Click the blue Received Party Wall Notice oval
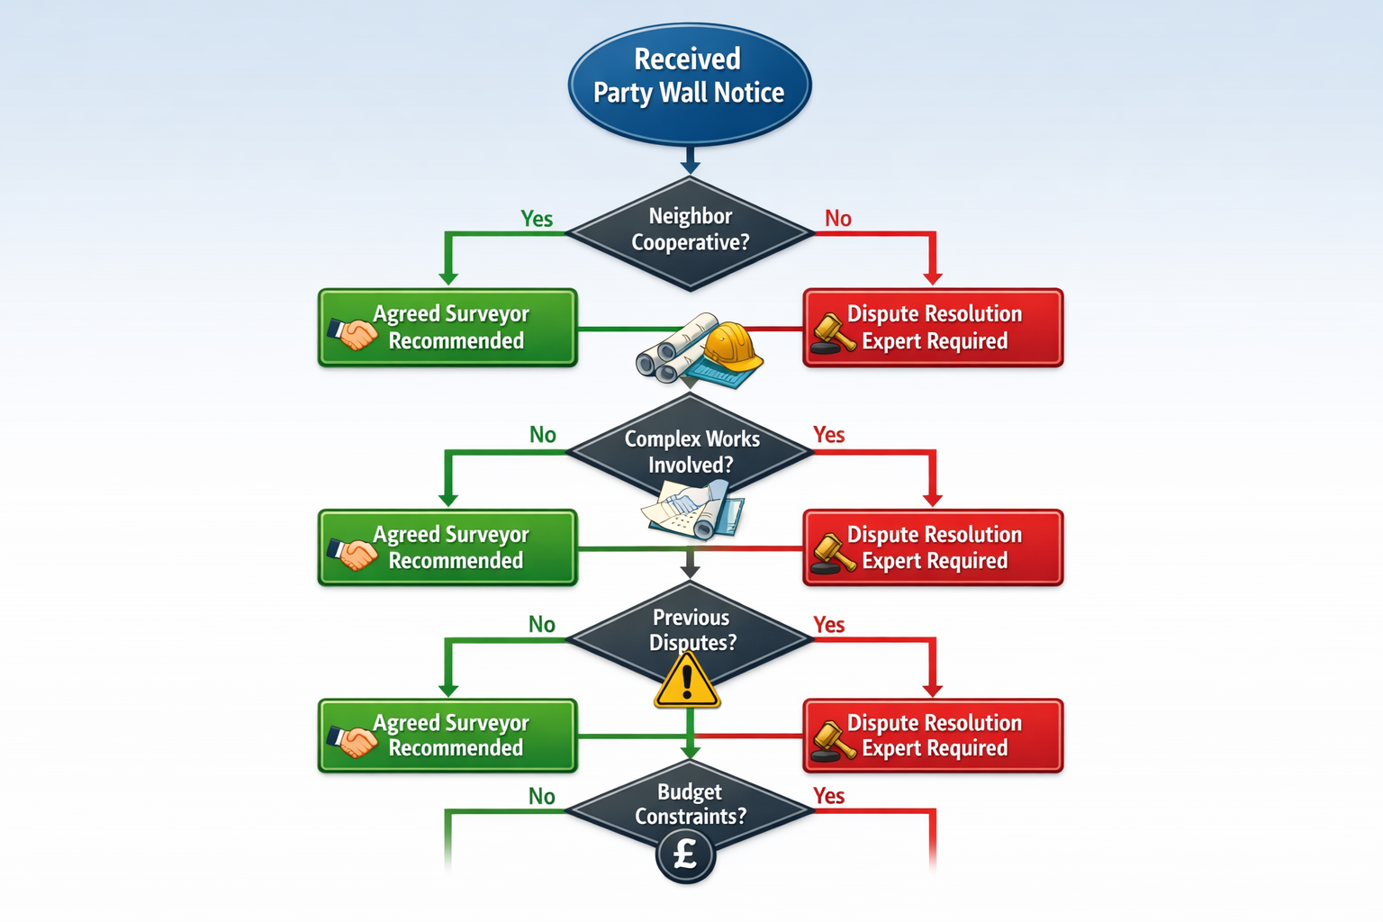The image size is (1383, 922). [x=690, y=84]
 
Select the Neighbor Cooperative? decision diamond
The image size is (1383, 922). [x=690, y=232]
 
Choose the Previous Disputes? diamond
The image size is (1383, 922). [x=691, y=630]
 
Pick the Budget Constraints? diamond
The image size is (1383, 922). [x=691, y=805]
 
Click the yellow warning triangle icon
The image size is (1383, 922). [x=687, y=682]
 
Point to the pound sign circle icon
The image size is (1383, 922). [x=686, y=854]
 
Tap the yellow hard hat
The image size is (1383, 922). [x=731, y=349]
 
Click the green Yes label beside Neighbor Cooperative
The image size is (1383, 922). [x=537, y=219]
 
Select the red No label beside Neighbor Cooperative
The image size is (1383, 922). [x=837, y=219]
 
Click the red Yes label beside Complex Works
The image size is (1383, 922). [x=828, y=435]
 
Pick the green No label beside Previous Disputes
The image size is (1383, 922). [x=542, y=625]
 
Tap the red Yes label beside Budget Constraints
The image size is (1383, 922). [x=828, y=796]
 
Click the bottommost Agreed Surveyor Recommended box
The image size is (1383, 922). [x=447, y=736]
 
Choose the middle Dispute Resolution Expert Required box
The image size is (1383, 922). [x=933, y=547]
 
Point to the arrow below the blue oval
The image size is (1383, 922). [x=690, y=161]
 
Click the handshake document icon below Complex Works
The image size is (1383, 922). [x=693, y=510]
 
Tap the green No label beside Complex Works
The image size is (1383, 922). [x=542, y=435]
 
